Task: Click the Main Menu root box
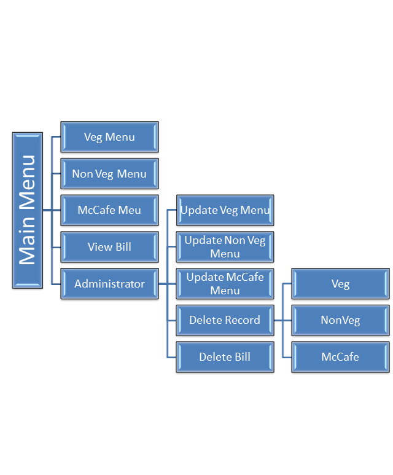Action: coord(28,210)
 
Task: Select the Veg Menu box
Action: coord(109,136)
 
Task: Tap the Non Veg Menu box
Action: coord(109,173)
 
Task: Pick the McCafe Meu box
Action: coord(109,210)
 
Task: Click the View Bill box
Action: coord(109,247)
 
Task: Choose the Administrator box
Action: coord(109,284)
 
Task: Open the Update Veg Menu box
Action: coord(225,210)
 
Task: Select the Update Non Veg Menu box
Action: coord(225,247)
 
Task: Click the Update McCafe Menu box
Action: coord(225,284)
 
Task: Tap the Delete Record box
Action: coord(225,320)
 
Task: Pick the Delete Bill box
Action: coord(225,357)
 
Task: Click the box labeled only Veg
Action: coord(340,284)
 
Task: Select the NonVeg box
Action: coord(340,320)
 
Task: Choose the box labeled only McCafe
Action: coord(340,357)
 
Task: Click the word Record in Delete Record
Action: coord(241,320)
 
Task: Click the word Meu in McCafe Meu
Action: coord(130,210)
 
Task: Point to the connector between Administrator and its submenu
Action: coord(163,284)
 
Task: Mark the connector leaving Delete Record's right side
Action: coord(278,320)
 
